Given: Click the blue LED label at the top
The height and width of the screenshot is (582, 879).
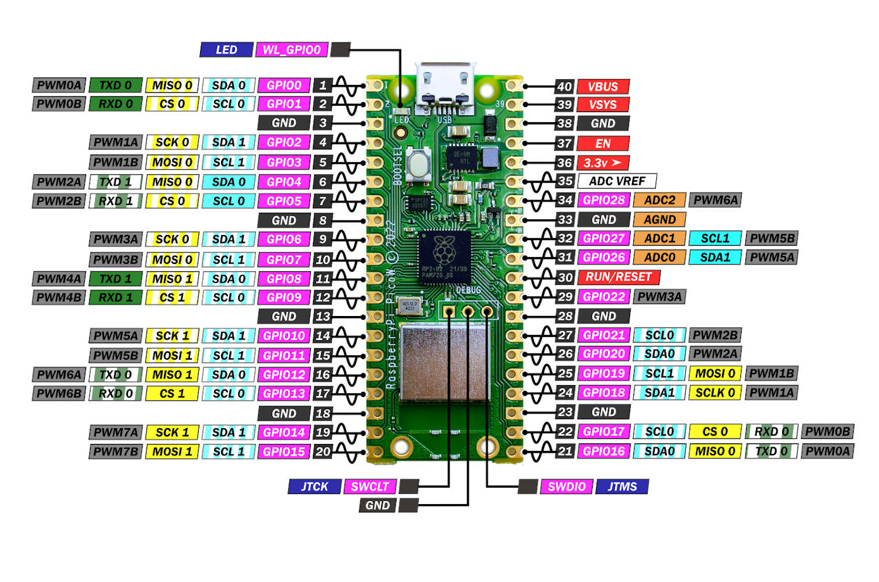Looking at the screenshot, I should pyautogui.click(x=226, y=49).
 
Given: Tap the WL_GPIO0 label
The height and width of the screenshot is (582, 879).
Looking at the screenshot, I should pyautogui.click(x=291, y=49).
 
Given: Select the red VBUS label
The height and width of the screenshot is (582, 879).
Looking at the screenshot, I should pyautogui.click(x=603, y=87).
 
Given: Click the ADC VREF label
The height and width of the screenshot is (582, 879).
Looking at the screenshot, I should pyautogui.click(x=617, y=181).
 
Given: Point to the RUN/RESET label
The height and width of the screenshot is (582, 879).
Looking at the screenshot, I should pyautogui.click(x=618, y=277).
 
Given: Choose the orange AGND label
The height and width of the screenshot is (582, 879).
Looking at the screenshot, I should pyautogui.click(x=659, y=220).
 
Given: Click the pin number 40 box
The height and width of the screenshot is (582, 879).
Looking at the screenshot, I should pyautogui.click(x=564, y=87).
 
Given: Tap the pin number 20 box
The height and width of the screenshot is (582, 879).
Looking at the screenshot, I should pyautogui.click(x=323, y=452).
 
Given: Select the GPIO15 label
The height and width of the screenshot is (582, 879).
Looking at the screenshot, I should pyautogui.click(x=284, y=452).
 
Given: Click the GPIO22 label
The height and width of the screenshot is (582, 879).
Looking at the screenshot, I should pyautogui.click(x=604, y=296).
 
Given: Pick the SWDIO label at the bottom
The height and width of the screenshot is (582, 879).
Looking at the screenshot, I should pyautogui.click(x=566, y=486).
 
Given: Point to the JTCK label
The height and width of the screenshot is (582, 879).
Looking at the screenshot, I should pyautogui.click(x=314, y=486).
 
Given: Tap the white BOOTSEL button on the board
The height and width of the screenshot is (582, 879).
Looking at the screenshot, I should pyautogui.click(x=418, y=165).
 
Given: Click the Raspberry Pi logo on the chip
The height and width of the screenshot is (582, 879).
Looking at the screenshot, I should pyautogui.click(x=445, y=248).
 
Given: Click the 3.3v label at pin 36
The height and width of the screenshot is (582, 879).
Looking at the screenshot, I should pyautogui.click(x=603, y=163).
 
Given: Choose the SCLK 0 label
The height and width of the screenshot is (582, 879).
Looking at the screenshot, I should pyautogui.click(x=715, y=393).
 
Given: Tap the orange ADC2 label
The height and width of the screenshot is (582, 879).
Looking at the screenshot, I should pyautogui.click(x=659, y=200).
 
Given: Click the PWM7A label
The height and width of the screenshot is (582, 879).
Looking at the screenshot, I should pyautogui.click(x=115, y=433).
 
